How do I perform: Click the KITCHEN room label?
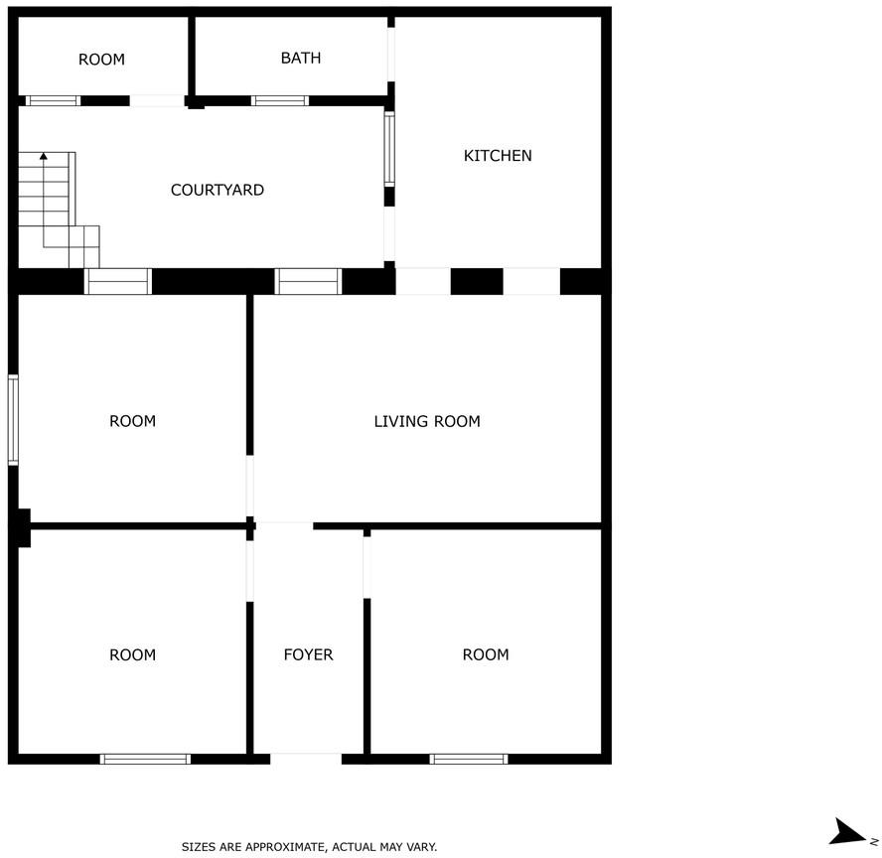(498, 156)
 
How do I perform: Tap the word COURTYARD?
(218, 190)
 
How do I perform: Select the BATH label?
(301, 58)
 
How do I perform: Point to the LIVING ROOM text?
(427, 421)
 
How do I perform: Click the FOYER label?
(308, 654)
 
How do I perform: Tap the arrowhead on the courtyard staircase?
(44, 156)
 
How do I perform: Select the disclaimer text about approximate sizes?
(309, 846)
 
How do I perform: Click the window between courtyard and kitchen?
(389, 148)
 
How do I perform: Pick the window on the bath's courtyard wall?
(279, 100)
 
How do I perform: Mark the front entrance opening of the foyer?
(306, 759)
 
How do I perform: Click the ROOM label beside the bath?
(101, 60)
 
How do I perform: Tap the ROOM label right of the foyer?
(486, 654)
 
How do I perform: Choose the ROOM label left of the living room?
(132, 421)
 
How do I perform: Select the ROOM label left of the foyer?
(132, 654)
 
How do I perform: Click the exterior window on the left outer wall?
(13, 420)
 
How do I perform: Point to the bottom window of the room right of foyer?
(469, 759)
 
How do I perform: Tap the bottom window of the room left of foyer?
(145, 759)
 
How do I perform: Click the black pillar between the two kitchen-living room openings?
(477, 281)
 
